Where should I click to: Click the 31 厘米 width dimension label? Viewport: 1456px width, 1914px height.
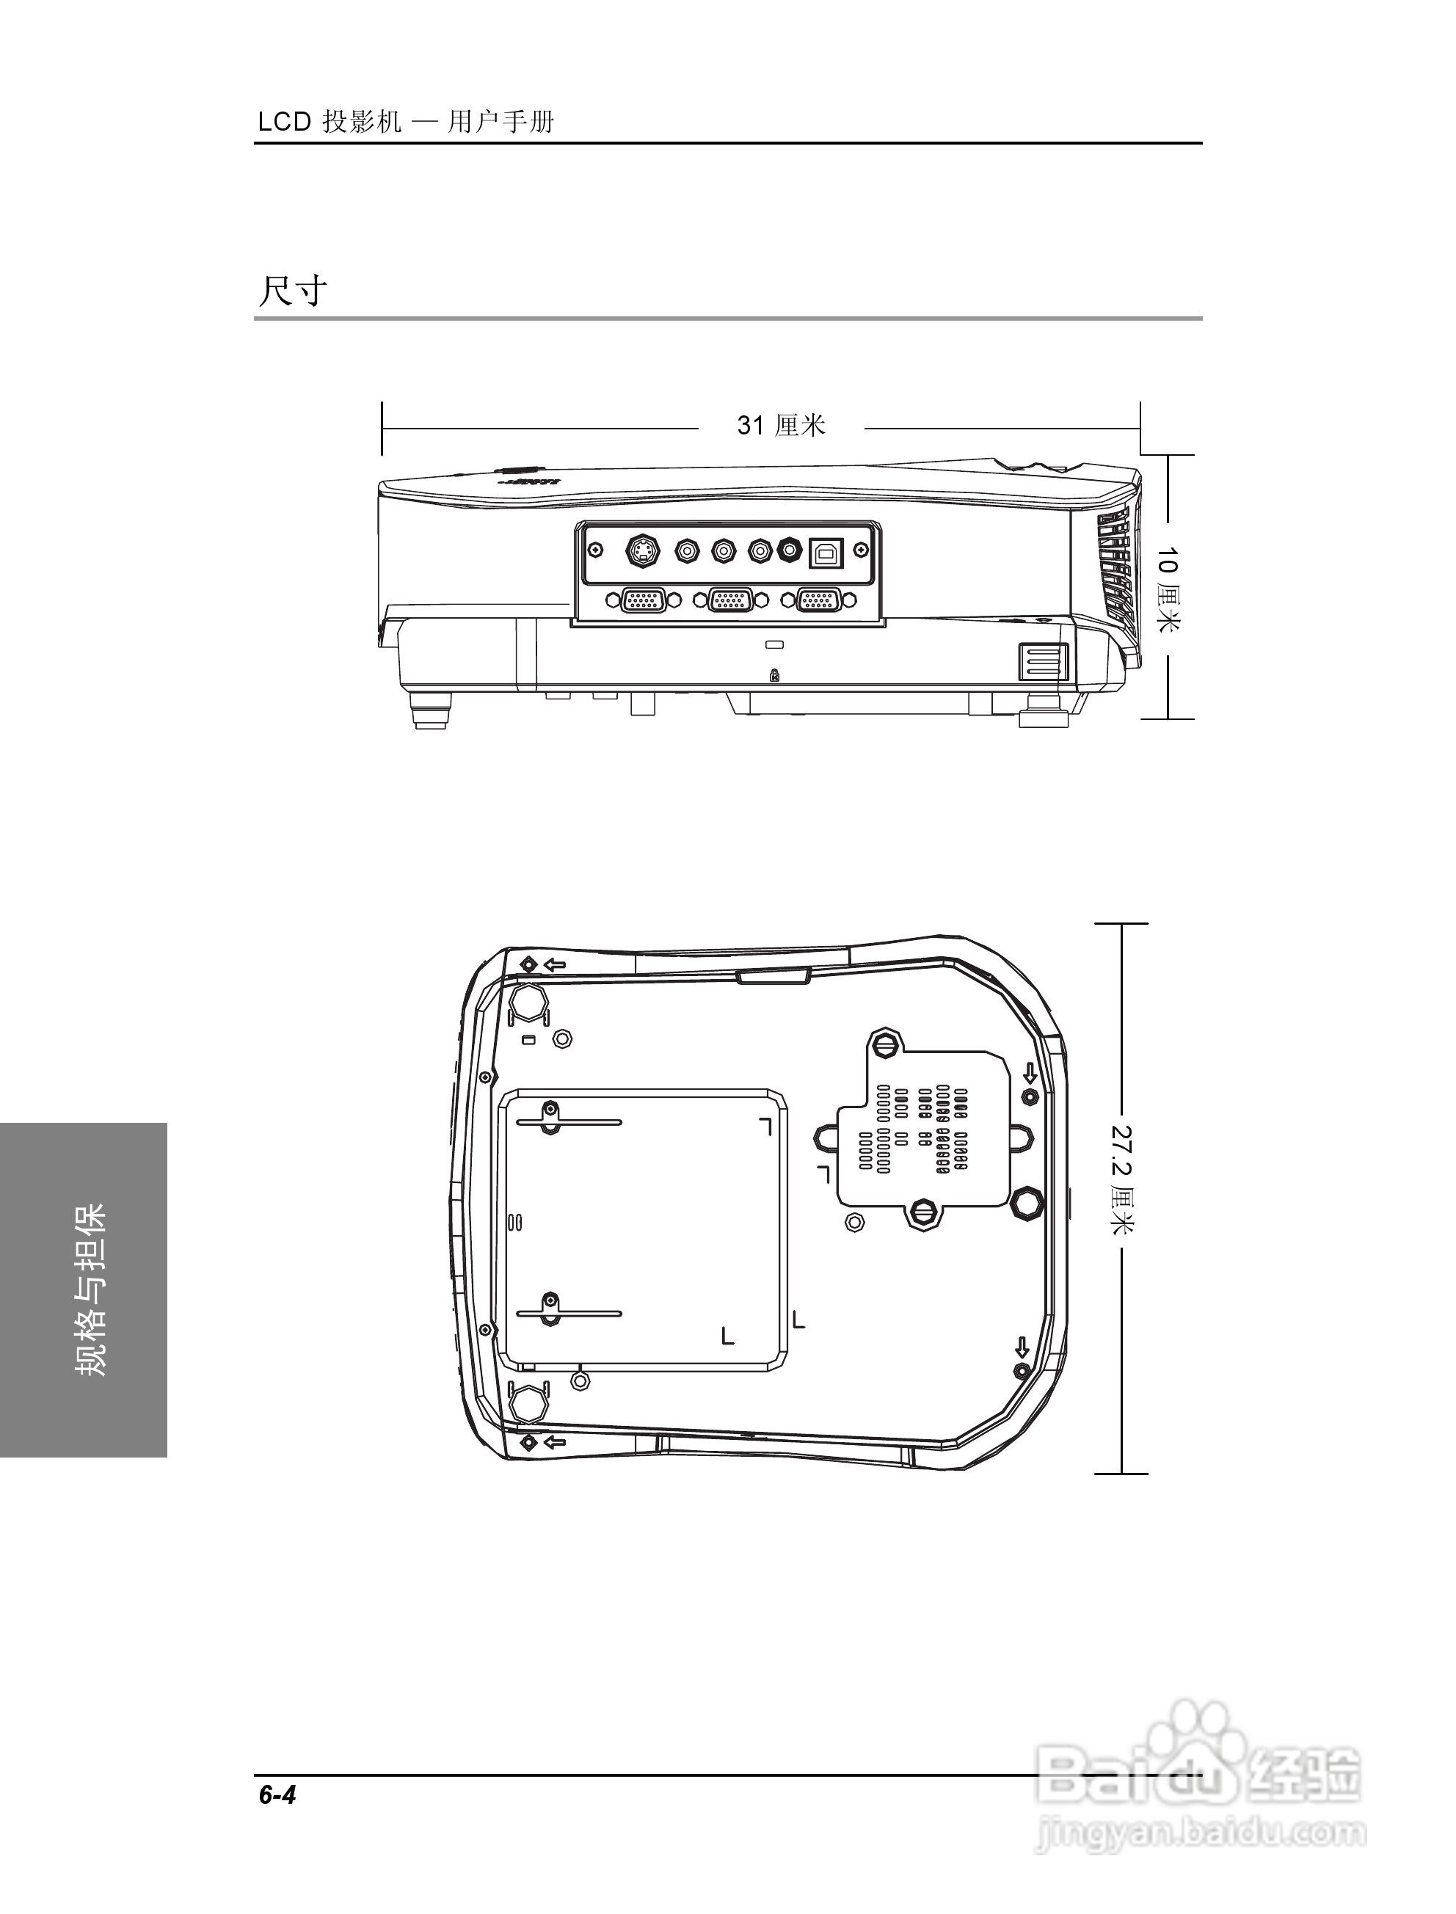tap(781, 426)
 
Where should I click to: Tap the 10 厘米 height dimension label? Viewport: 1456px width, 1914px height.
tap(1168, 589)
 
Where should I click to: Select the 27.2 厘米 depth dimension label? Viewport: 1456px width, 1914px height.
tap(1122, 1179)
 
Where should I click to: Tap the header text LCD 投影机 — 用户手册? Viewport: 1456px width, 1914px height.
tap(406, 122)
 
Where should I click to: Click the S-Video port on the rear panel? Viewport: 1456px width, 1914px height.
tap(642, 550)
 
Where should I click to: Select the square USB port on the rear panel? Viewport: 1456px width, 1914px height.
tap(824, 551)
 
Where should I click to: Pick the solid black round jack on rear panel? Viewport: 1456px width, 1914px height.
tap(790, 550)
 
